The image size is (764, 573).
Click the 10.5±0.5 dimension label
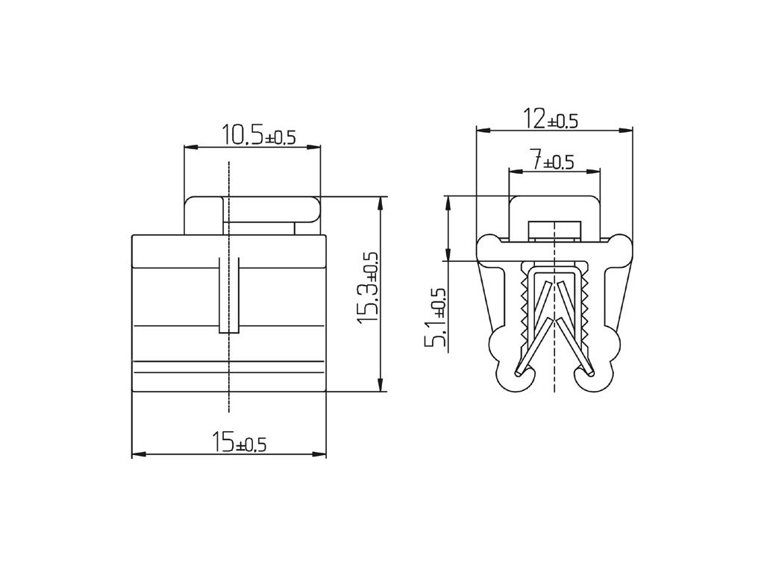click(x=259, y=135)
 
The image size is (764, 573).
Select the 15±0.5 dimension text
click(x=239, y=442)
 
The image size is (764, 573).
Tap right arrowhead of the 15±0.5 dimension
click(x=319, y=454)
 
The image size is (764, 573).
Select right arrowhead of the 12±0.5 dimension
click(x=625, y=130)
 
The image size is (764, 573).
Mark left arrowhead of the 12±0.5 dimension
click(x=483, y=130)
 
